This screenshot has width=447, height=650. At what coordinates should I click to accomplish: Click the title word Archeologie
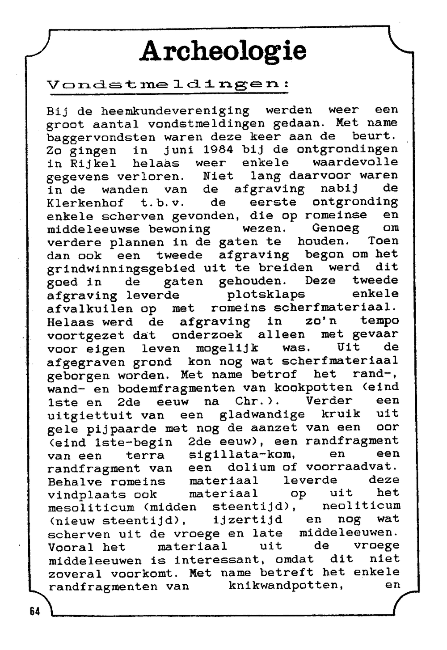tap(223, 51)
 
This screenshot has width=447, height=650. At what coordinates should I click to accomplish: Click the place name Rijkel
tap(81, 163)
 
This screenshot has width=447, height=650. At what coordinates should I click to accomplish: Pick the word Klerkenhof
tap(85, 203)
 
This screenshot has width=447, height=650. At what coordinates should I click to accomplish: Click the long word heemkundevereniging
tap(175, 110)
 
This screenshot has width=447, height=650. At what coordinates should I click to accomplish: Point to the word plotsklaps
tap(266, 295)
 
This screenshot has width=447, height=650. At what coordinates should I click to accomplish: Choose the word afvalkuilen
tap(89, 308)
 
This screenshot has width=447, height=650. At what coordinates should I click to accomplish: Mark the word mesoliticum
tap(91, 507)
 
